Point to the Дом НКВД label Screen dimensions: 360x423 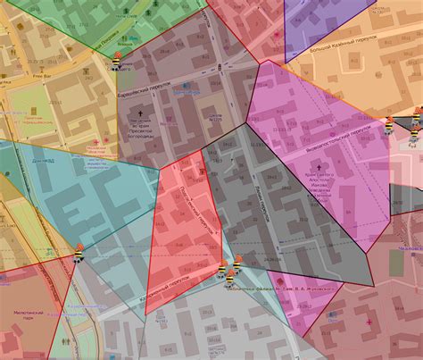point(42,162)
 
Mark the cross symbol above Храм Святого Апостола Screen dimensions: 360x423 point(319,165)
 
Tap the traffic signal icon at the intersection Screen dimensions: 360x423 point(220,68)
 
